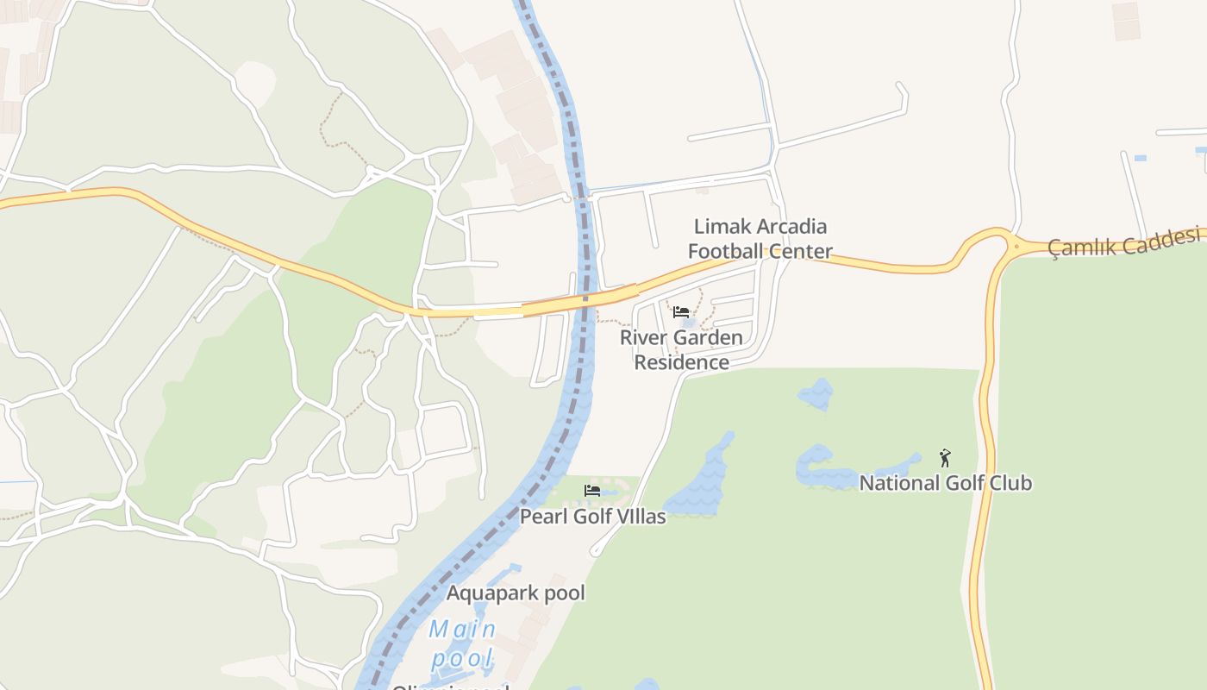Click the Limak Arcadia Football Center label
pos(760,239)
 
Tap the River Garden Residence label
pos(681,349)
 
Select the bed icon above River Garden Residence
pos(681,312)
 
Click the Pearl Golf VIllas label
pos(592,517)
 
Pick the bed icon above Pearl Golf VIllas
pos(592,491)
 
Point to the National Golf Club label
pos(945,483)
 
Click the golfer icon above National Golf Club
pos(945,457)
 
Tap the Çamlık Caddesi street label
pos(1124,242)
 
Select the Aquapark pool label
pos(516,593)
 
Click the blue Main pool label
pos(462,644)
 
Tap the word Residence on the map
pos(681,362)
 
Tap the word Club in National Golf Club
pos(1010,483)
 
